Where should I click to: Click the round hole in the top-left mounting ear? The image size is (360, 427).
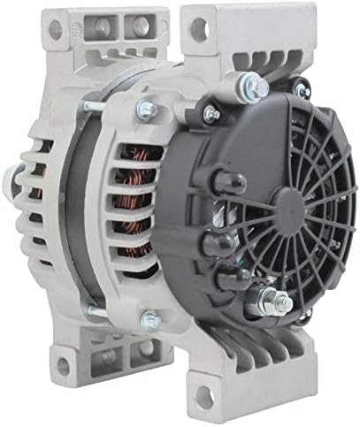(56, 28)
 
